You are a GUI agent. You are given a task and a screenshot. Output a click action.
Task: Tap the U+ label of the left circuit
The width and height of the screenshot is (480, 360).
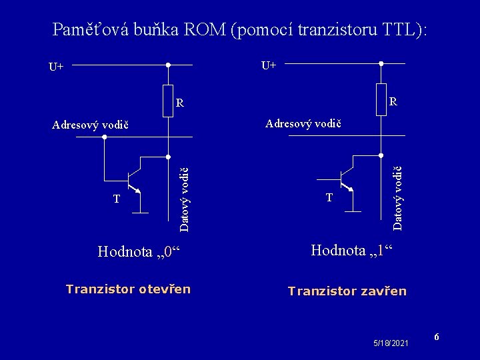point(56,67)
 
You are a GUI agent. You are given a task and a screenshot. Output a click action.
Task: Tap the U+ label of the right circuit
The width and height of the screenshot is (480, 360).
point(269,65)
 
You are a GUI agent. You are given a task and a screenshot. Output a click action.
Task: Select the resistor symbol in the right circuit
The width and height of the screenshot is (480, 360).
point(381,99)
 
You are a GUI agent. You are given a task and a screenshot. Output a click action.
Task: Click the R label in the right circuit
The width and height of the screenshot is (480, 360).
point(393,102)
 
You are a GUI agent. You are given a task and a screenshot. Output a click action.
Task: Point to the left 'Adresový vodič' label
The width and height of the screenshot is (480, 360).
point(90,125)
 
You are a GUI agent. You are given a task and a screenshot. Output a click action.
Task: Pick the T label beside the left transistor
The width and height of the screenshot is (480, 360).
point(117,199)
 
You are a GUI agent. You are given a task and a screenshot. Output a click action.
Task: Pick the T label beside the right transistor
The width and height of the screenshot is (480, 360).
point(329,197)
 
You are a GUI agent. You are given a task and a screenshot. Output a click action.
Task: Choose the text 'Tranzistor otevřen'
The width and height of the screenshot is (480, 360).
point(128,289)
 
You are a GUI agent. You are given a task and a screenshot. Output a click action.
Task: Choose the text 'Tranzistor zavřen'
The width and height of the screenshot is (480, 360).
point(347,291)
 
